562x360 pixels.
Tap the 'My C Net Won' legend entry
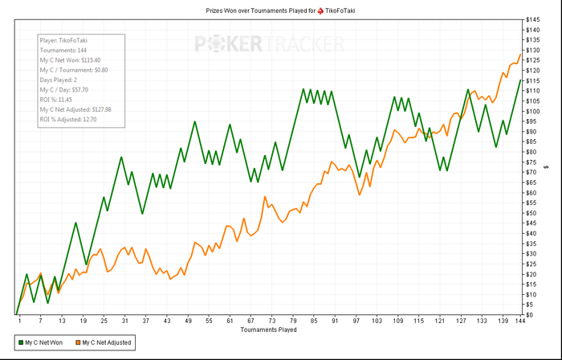coord(41,343)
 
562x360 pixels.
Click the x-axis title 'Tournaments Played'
coord(268,329)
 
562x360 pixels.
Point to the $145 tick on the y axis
coord(533,19)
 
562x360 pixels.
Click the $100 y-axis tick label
coord(533,111)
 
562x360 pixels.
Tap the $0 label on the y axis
coord(529,314)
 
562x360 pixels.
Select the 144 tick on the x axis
coord(519,321)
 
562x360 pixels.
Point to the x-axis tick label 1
coord(19,321)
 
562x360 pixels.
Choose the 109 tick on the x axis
coord(397,321)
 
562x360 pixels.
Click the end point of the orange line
coord(519,54)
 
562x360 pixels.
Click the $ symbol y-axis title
coord(546,166)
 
